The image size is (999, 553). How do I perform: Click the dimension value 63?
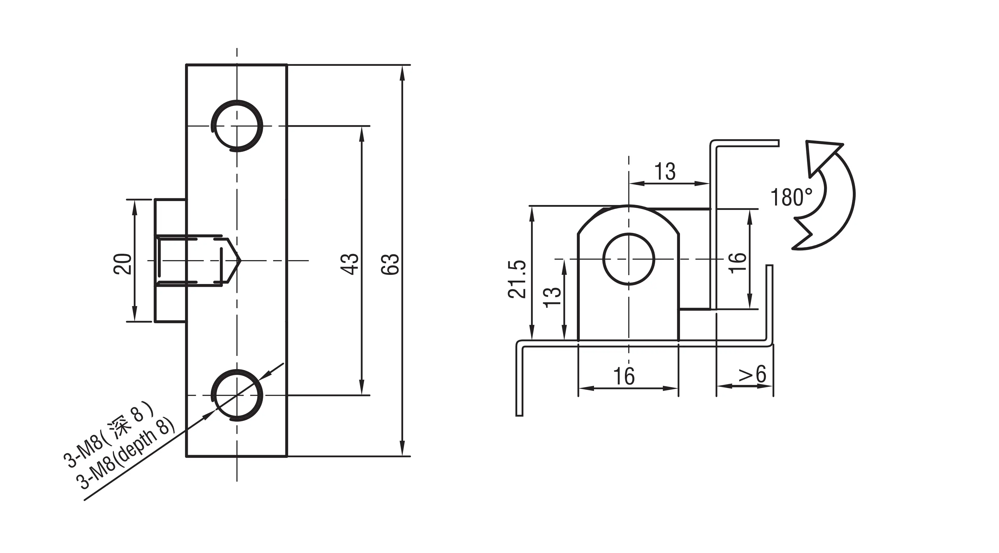click(390, 264)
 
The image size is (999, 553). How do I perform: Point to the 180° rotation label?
click(791, 197)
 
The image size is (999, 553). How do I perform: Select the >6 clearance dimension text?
click(752, 375)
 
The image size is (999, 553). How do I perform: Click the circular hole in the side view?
click(629, 259)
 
